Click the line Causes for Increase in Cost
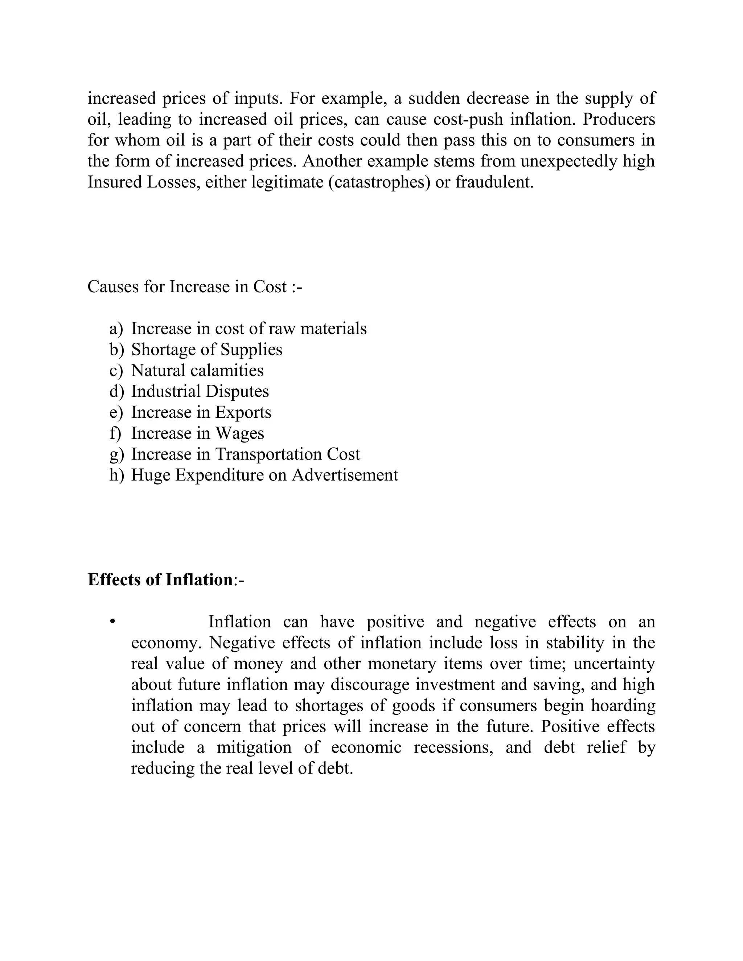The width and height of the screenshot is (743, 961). pos(194,286)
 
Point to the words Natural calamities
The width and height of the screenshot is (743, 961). pos(197,371)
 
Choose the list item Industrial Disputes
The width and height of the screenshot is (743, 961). pos(200,391)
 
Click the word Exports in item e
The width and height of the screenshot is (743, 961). pos(243,412)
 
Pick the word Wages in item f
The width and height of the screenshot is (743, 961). pos(239,433)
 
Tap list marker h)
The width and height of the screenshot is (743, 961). pos(117,475)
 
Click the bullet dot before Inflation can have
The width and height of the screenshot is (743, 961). pos(113,622)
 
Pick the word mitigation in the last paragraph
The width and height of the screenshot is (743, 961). pos(254,748)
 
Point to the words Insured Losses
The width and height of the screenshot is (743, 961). pos(142,182)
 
